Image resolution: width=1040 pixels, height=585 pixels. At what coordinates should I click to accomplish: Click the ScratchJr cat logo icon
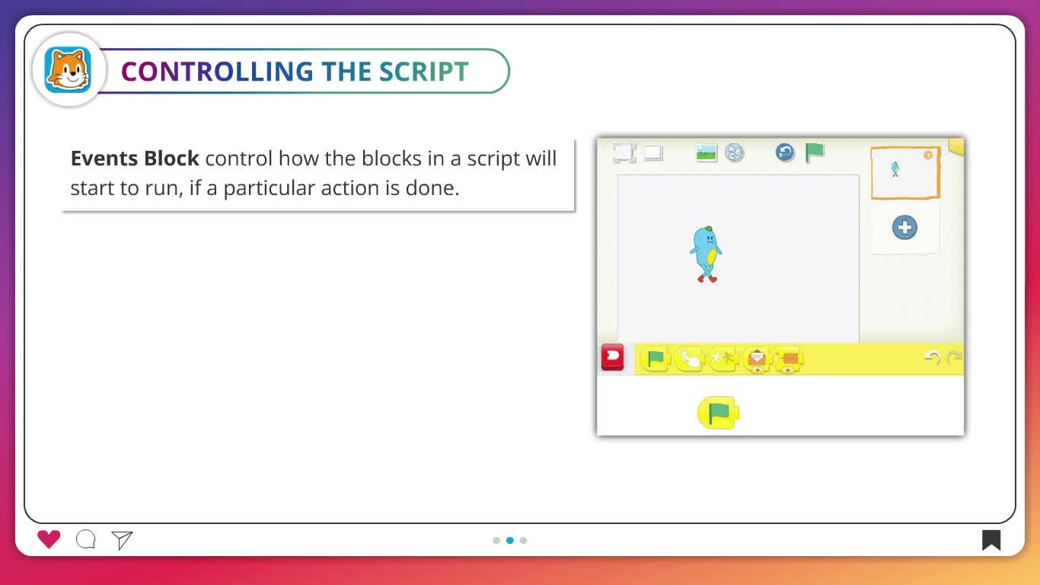[x=68, y=70]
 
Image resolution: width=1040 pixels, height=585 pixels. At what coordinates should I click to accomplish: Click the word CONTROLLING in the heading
[x=217, y=72]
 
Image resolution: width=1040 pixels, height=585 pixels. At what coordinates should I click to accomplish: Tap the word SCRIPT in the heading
[x=424, y=72]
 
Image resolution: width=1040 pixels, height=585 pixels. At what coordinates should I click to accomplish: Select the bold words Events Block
[x=135, y=158]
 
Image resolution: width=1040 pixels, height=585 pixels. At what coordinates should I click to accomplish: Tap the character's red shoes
[x=707, y=279]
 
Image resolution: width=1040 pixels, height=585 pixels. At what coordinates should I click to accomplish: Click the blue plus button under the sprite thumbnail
[x=904, y=228]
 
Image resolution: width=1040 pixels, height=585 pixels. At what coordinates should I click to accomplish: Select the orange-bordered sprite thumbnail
[x=905, y=173]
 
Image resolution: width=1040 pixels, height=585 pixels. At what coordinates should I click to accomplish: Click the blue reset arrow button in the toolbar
[x=785, y=152]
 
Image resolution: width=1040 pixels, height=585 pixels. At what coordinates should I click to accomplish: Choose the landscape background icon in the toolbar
[x=707, y=153]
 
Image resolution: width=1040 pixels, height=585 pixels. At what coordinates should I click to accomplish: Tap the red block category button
[x=612, y=357]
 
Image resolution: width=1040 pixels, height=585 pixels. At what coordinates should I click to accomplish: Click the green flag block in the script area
[x=718, y=412]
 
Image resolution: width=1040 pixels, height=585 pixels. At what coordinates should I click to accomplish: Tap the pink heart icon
[x=49, y=539]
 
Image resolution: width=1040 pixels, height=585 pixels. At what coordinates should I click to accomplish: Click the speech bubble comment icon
[x=85, y=539]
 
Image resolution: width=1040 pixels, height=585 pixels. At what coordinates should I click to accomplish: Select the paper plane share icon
[x=122, y=540]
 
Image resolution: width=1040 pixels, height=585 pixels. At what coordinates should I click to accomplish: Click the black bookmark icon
[x=991, y=540]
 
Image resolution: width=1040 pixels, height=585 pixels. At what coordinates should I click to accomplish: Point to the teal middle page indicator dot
[x=510, y=540]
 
